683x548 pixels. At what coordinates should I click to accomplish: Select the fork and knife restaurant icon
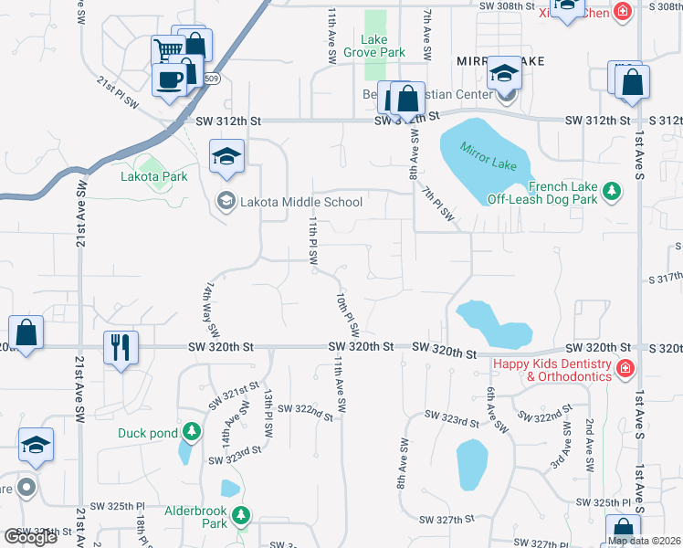pyautogui.click(x=121, y=346)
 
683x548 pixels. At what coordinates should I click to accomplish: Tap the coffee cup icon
pyautogui.click(x=168, y=79)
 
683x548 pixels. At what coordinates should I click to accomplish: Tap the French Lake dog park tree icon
pyautogui.click(x=612, y=192)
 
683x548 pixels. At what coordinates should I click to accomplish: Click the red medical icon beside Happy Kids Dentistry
pyautogui.click(x=625, y=369)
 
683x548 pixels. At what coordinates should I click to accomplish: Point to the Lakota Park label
pyautogui.click(x=153, y=176)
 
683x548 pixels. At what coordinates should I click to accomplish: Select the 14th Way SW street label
pyautogui.click(x=212, y=307)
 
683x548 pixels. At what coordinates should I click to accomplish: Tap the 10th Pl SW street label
pyautogui.click(x=346, y=312)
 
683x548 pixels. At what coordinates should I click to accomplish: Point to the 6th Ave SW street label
pyautogui.click(x=496, y=408)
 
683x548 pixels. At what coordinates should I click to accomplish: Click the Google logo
pyautogui.click(x=30, y=537)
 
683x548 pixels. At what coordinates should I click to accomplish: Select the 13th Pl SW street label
pyautogui.click(x=268, y=413)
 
